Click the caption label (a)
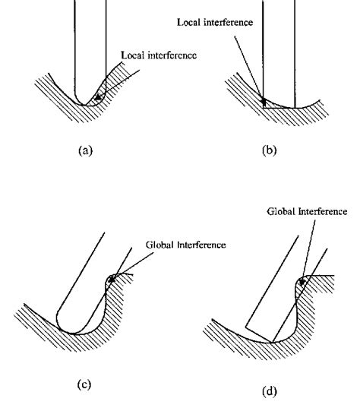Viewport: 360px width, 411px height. [85, 150]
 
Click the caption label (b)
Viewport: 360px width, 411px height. [269, 150]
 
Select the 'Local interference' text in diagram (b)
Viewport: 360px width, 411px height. [216, 22]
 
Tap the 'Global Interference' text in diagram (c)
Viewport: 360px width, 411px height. [186, 245]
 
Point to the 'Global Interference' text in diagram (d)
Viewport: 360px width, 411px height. [307, 210]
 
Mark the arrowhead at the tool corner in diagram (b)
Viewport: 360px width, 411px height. [264, 100]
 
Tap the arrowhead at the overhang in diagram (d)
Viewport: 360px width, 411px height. [302, 281]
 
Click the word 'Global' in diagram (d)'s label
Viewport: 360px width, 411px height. [280, 210]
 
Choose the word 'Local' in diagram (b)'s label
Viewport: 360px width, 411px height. [190, 22]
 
